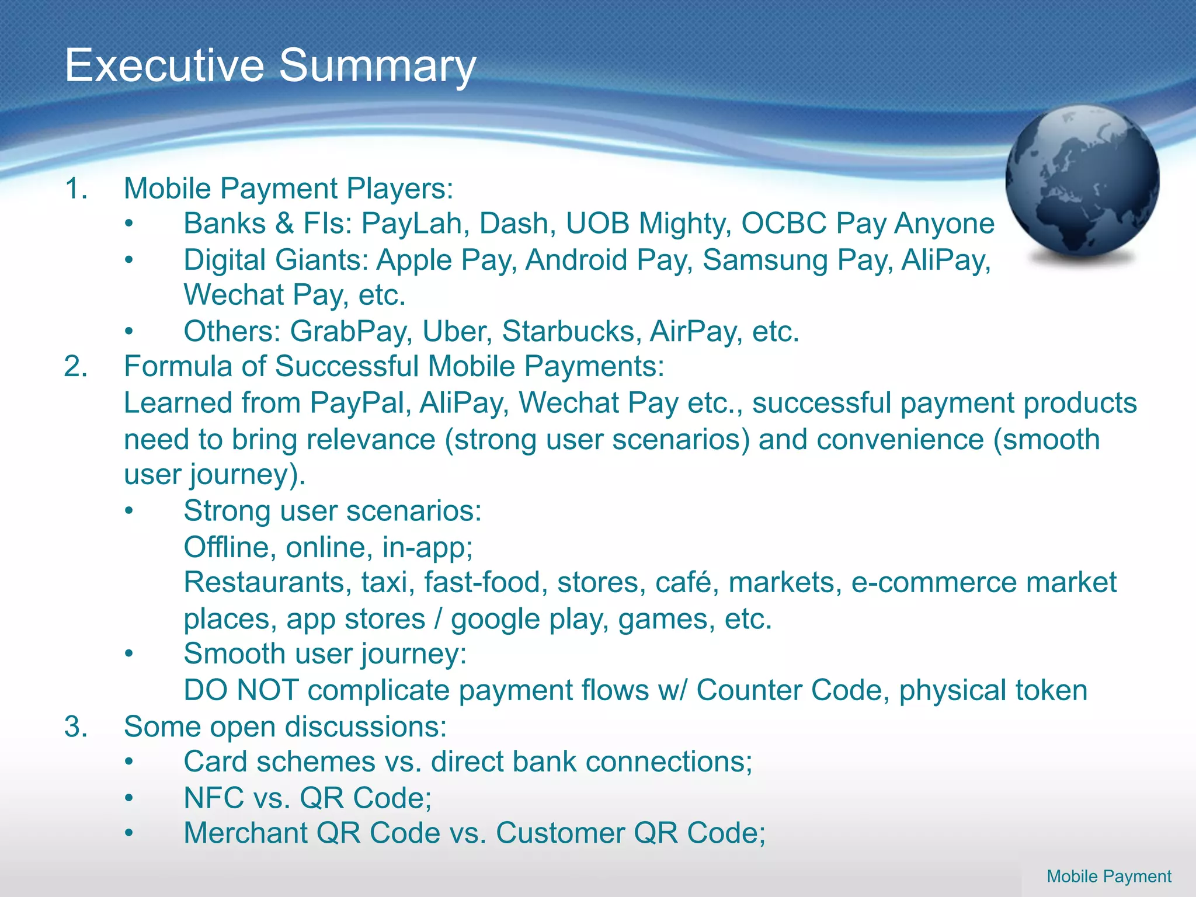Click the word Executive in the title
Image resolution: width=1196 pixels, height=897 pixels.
pos(164,65)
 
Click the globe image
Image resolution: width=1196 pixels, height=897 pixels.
pos(1082,182)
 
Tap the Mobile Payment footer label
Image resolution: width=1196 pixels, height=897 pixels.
pos(1108,876)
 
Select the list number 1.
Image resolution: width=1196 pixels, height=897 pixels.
pos(75,189)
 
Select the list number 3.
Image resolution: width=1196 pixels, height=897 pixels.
pos(75,727)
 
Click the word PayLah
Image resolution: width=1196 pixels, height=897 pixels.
pos(412,224)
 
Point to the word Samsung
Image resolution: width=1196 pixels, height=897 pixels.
pos(765,260)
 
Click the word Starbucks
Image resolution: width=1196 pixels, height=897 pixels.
pos(568,332)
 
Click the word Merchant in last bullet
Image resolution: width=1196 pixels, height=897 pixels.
pos(245,833)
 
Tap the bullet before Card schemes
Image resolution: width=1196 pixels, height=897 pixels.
pos(129,762)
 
